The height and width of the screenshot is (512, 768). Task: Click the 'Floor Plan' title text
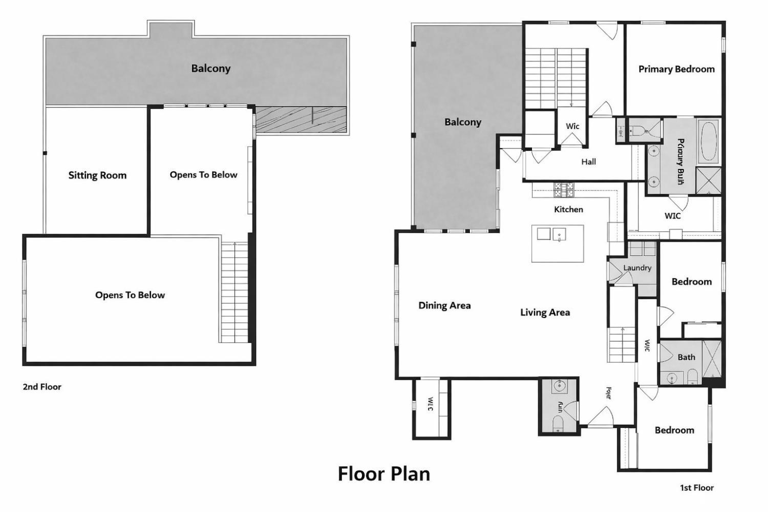(x=383, y=474)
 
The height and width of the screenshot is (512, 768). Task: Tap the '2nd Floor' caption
(x=42, y=387)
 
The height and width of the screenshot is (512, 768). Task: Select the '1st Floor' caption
(x=696, y=488)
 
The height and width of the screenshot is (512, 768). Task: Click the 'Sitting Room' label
(x=97, y=176)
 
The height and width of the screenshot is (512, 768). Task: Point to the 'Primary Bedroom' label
(x=676, y=69)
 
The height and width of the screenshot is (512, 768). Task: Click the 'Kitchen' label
(x=568, y=209)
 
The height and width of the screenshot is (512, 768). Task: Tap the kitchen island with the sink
(x=558, y=243)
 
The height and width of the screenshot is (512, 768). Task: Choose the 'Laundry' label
(x=637, y=268)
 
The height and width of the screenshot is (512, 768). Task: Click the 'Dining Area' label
(x=444, y=306)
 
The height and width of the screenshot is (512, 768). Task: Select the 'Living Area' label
(x=545, y=312)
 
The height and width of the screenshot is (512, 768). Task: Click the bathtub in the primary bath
(x=709, y=141)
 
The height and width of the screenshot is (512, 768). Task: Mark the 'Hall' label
(x=588, y=162)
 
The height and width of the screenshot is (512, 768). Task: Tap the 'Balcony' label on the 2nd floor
(x=211, y=69)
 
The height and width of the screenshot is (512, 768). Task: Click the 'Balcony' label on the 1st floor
(x=463, y=122)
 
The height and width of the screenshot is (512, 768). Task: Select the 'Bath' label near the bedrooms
(x=686, y=357)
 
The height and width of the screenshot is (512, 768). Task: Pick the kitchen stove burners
(x=564, y=190)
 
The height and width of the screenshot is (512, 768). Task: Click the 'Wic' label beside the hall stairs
(x=572, y=126)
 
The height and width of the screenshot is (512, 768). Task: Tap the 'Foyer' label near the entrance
(x=609, y=393)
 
